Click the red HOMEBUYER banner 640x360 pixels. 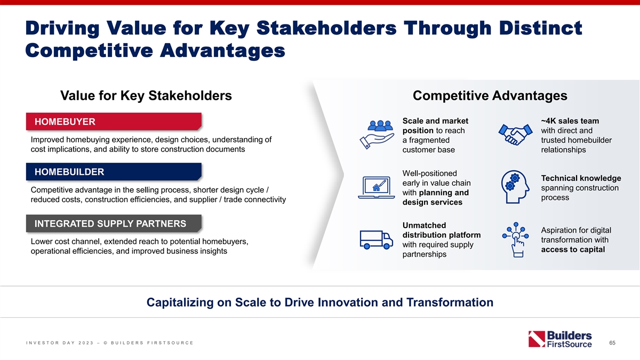[x=114, y=122]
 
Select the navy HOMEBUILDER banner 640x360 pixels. [x=114, y=172]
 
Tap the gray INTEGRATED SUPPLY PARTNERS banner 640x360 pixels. [x=114, y=223]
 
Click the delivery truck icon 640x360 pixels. [x=376, y=240]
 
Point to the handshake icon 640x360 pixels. [x=515, y=134]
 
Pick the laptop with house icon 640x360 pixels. [x=377, y=187]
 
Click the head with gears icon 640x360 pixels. [x=515, y=187]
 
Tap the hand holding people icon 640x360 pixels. [x=377, y=134]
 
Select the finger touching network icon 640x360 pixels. [x=515, y=240]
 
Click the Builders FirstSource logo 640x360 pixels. [x=560, y=339]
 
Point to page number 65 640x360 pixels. [x=612, y=342]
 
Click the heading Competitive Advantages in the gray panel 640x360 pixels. [x=490, y=95]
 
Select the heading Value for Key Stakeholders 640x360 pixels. [x=146, y=95]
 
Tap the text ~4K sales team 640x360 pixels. [x=570, y=121]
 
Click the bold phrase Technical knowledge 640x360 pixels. [x=581, y=178]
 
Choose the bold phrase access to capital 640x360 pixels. [x=573, y=250]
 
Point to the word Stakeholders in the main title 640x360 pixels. [x=326, y=28]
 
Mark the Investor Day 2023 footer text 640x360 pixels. [x=110, y=342]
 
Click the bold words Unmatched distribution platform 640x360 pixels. [x=442, y=230]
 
